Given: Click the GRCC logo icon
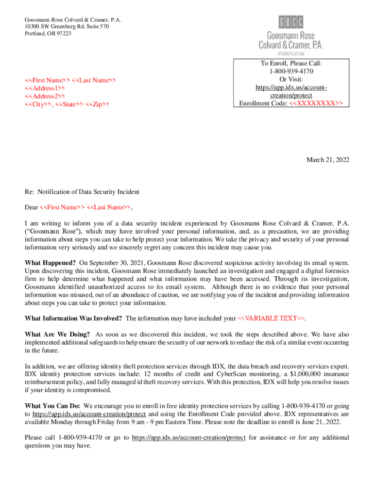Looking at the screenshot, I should click(x=290, y=22).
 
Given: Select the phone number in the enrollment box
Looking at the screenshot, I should click(x=291, y=71).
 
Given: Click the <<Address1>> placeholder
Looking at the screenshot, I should click(x=45, y=88).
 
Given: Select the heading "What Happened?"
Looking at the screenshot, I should click(x=50, y=263).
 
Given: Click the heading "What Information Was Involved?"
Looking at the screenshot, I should click(x=73, y=318).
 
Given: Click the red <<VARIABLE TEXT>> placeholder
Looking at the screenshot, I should click(x=272, y=318).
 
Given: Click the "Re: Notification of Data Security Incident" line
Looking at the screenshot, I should click(x=82, y=192).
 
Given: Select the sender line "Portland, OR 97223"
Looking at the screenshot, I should click(x=48, y=33).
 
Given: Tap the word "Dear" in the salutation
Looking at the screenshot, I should click(x=31, y=207).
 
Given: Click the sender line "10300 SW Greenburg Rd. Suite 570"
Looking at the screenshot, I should click(x=67, y=26).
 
